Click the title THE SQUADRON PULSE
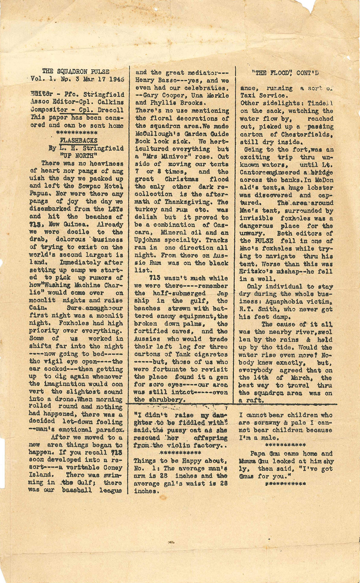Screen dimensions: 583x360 click(x=76, y=72)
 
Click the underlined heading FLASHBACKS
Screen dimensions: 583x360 click(x=78, y=140)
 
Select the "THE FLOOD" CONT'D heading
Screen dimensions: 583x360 click(x=285, y=73)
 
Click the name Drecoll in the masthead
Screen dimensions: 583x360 click(x=111, y=110)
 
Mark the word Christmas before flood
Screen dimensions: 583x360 click(x=182, y=179)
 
